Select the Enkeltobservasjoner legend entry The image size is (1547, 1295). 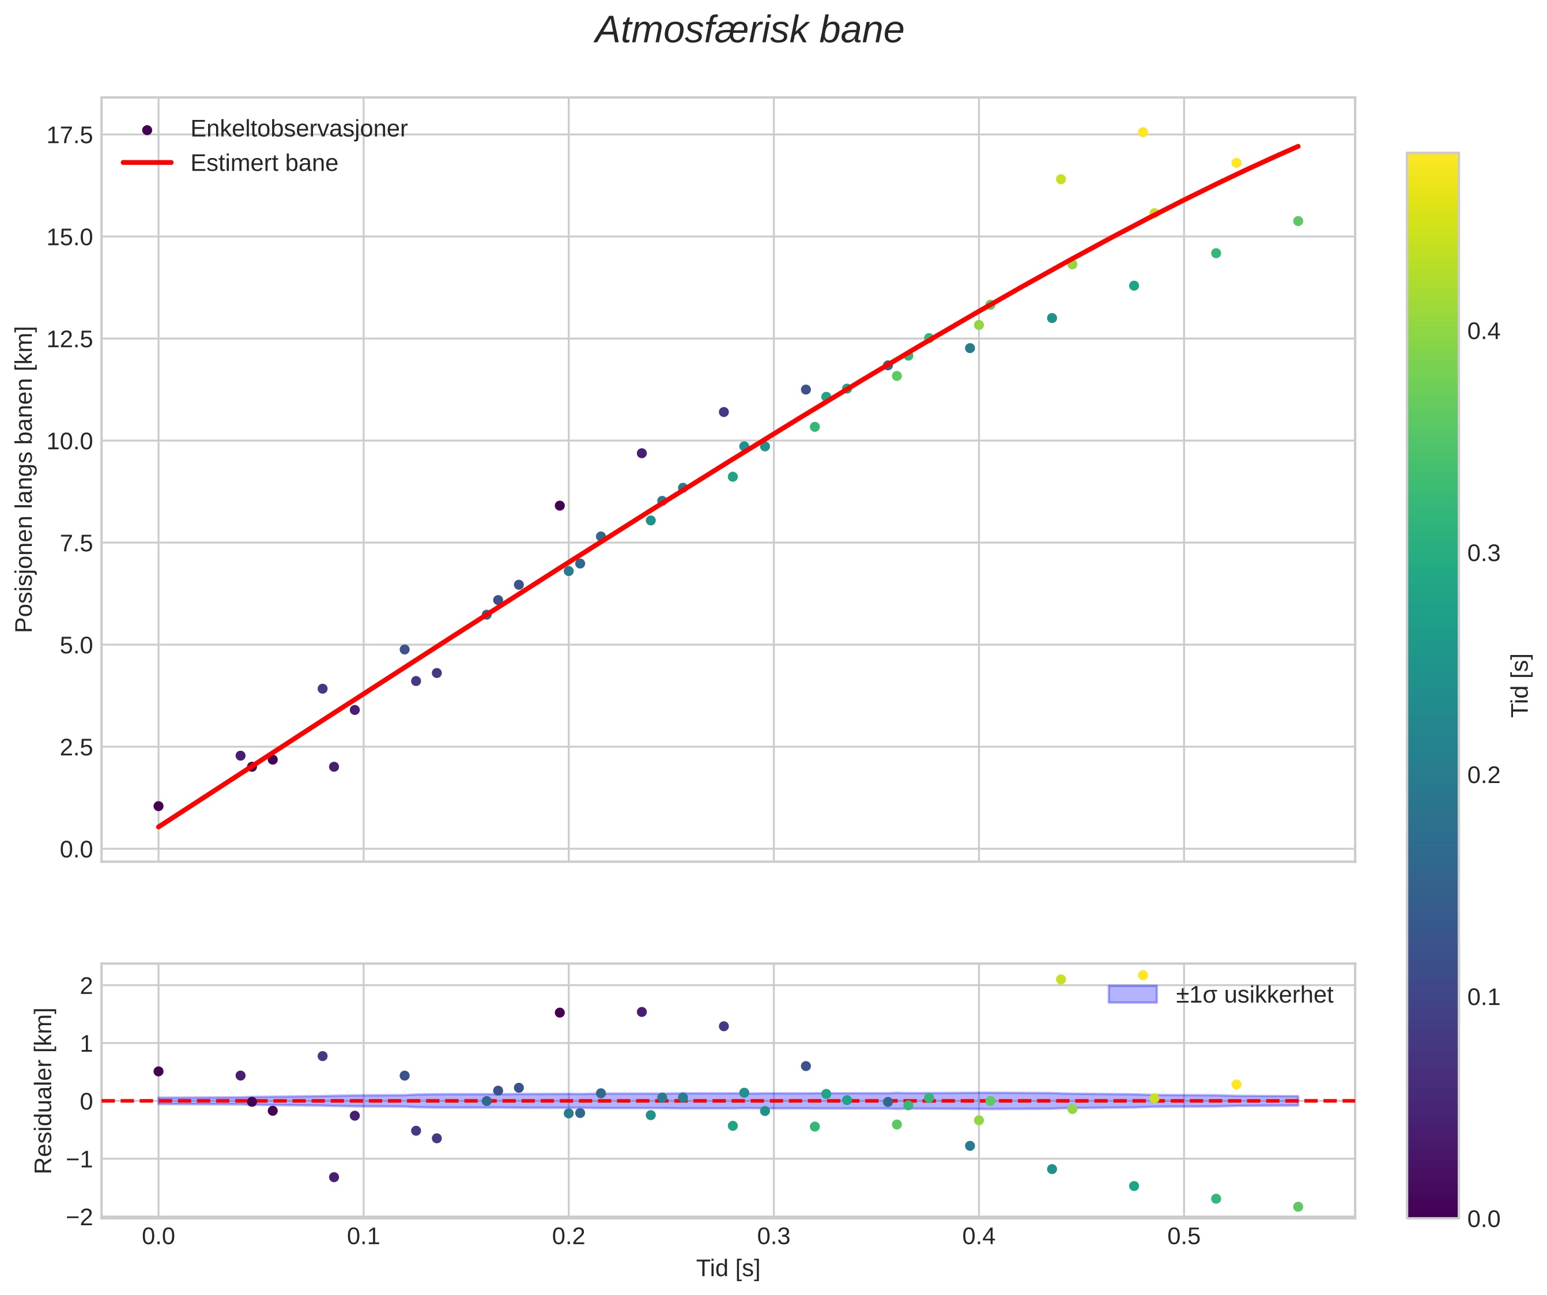[299, 129]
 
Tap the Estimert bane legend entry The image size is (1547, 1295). [264, 163]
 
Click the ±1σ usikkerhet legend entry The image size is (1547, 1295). [1254, 995]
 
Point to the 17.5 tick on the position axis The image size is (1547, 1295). [70, 135]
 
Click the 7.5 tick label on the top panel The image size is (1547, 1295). [70, 543]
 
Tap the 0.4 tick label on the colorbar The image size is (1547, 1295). [1483, 332]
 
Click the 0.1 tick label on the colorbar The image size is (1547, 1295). [1483, 997]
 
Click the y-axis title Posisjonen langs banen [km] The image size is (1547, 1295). [24, 479]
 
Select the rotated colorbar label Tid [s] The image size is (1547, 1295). [1520, 686]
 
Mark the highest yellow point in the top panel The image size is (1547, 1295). [1142, 133]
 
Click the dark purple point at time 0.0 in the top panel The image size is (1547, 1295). [159, 805]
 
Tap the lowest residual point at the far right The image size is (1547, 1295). [1298, 1207]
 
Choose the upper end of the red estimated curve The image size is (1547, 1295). [1297, 146]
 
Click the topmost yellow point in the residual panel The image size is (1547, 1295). [1142, 975]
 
